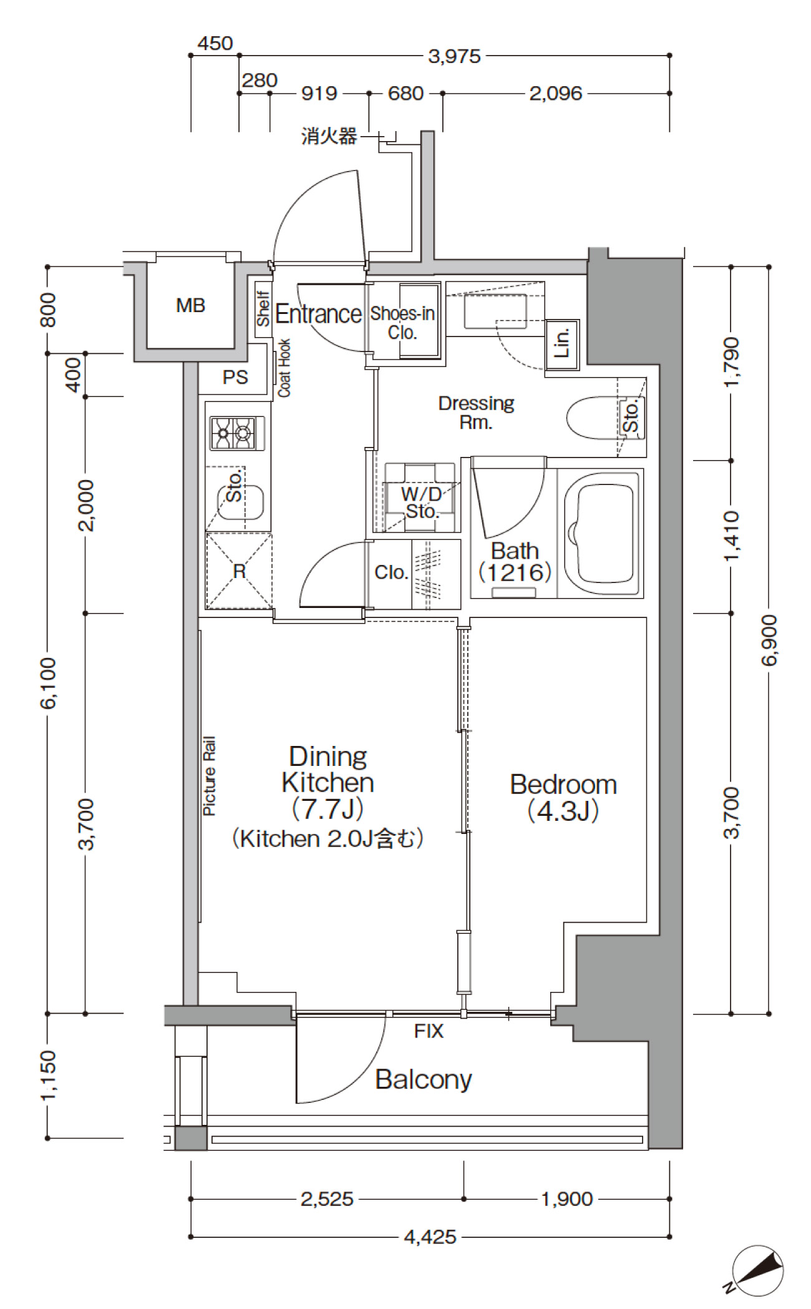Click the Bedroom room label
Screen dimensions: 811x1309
[x=563, y=784]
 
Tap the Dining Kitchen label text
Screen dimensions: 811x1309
[x=328, y=769]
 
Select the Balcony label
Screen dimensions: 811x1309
[x=424, y=1079]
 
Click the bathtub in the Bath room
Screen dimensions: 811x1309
[x=603, y=534]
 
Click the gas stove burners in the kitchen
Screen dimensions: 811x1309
[x=237, y=432]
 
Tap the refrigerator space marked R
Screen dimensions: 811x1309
[x=240, y=571]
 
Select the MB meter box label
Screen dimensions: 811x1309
[x=191, y=305]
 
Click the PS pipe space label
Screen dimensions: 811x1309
[x=235, y=377]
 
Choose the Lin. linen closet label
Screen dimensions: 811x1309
[x=563, y=343]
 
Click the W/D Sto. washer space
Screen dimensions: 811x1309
[x=420, y=497]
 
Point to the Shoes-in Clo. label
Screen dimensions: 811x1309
[x=402, y=322]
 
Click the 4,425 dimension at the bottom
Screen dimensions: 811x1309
[x=430, y=1237]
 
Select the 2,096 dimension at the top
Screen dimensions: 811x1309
[x=556, y=94]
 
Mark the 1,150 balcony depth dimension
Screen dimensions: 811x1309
[x=48, y=1075]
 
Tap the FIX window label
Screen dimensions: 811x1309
[x=429, y=1031]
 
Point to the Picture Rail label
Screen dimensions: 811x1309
[x=209, y=776]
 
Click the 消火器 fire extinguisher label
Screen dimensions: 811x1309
[x=329, y=135]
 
